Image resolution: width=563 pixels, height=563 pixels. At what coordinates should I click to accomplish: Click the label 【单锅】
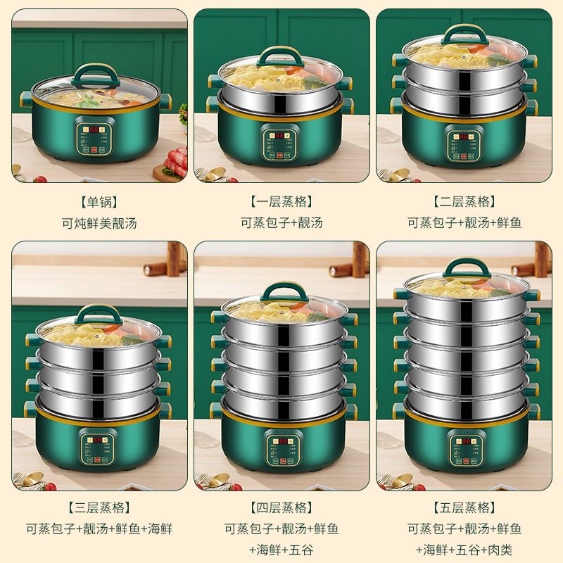tap(99, 202)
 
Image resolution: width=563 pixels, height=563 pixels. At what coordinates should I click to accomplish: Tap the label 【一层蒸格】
tap(281, 202)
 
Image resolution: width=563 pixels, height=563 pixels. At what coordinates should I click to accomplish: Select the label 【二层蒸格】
tap(464, 202)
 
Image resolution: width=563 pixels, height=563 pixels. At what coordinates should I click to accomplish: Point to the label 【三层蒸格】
tap(99, 507)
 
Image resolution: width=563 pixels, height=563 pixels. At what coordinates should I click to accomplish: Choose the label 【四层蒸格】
tap(281, 507)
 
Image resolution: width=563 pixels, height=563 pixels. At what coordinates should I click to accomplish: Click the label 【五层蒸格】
tap(464, 507)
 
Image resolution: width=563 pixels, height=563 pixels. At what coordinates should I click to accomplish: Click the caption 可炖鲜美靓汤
tap(99, 223)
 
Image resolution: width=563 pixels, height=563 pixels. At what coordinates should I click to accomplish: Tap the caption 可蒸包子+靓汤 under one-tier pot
tap(281, 223)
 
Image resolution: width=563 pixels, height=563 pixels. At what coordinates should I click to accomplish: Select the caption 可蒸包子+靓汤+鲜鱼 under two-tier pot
tap(464, 223)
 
